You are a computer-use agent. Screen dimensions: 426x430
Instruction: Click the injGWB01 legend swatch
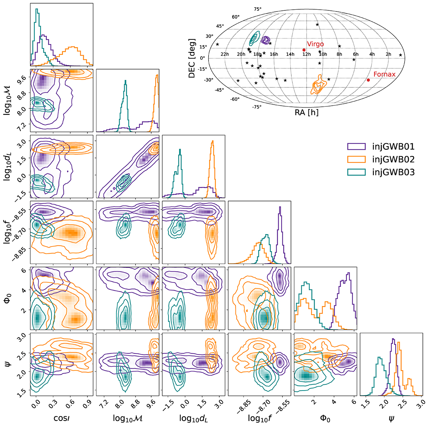click(356, 146)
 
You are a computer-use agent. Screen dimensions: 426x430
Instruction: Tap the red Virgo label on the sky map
click(315, 44)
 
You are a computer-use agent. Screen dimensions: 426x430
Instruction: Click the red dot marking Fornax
click(368, 80)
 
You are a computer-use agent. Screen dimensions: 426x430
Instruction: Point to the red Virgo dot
click(304, 50)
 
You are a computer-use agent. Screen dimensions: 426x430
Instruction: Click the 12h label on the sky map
click(306, 54)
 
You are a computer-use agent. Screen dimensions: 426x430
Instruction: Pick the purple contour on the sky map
click(266, 40)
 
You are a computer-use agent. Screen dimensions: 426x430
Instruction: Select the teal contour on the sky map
click(255, 38)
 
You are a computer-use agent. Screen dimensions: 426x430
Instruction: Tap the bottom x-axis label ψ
click(391, 418)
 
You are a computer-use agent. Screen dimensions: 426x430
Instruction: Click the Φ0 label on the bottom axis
click(325, 418)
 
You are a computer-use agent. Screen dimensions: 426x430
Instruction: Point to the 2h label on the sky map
click(388, 54)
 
